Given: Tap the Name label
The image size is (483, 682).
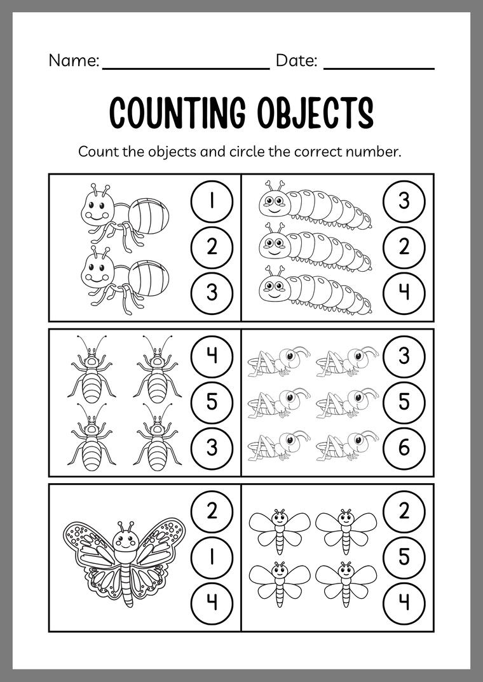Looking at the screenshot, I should [x=73, y=61].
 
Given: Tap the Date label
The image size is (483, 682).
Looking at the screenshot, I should [x=296, y=61].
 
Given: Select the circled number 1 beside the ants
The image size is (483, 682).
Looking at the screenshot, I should [x=212, y=202].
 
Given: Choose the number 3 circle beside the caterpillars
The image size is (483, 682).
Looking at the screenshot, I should [x=404, y=202].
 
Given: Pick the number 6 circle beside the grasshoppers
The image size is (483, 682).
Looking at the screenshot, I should [x=404, y=448].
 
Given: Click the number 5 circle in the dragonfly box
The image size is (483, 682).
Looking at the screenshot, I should [x=404, y=555].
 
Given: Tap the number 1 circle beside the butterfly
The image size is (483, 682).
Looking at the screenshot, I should [x=212, y=555].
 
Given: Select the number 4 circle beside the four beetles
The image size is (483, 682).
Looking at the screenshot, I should [x=212, y=356].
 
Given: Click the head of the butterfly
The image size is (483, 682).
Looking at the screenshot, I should [x=126, y=540].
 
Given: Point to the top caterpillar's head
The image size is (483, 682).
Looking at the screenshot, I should [x=274, y=202].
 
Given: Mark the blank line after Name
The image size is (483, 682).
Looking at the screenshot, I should [x=186, y=67].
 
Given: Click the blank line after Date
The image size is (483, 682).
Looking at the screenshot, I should [x=379, y=67].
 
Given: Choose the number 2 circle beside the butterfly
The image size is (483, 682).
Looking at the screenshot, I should [x=212, y=510].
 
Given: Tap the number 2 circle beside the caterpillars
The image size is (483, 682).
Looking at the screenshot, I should [x=404, y=246].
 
